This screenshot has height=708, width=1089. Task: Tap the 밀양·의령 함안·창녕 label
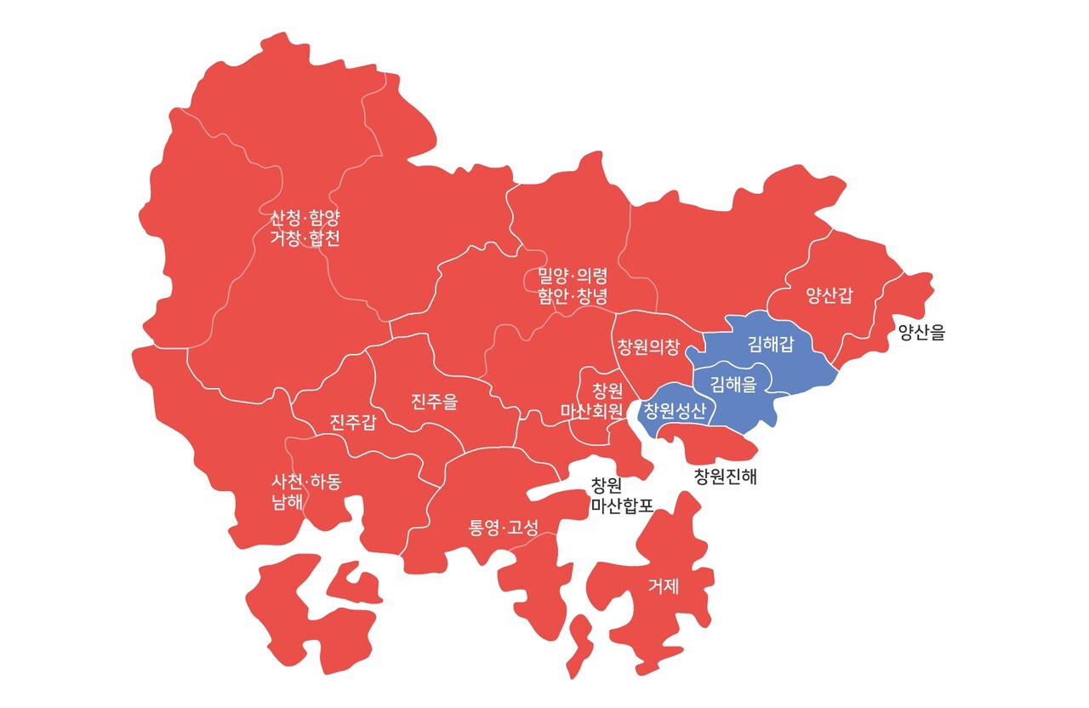[x=573, y=287]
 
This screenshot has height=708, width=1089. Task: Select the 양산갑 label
[x=830, y=296]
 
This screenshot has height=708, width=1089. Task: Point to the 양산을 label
[x=921, y=333]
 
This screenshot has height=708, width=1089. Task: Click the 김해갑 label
[x=771, y=344]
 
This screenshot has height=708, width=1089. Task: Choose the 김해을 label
[x=733, y=384]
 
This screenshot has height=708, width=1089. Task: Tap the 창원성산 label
[x=675, y=413]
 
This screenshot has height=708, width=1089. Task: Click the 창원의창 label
[x=648, y=346]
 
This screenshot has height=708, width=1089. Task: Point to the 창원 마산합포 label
[x=622, y=496]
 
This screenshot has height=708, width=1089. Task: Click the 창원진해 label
[x=725, y=477]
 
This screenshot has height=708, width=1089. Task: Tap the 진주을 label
[x=434, y=401]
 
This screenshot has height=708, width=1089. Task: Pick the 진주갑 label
[x=352, y=422]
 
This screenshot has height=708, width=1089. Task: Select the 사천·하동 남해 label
[x=306, y=492]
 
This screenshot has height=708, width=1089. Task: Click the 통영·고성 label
[x=504, y=528]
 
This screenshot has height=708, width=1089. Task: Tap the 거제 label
[x=664, y=585]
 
